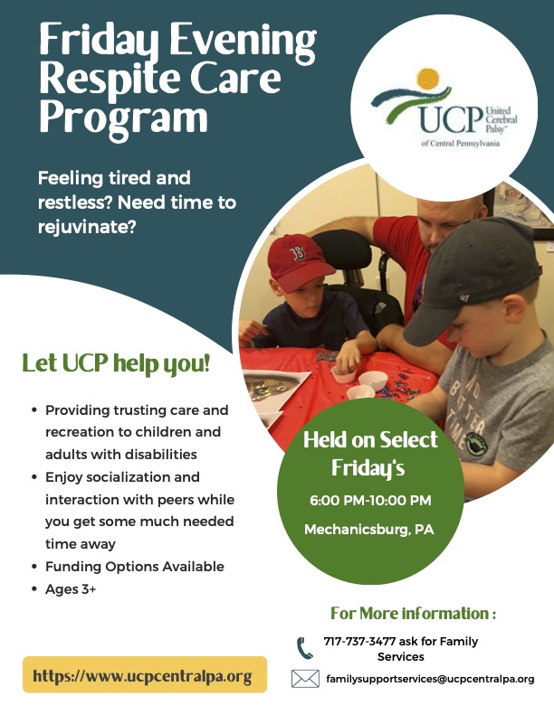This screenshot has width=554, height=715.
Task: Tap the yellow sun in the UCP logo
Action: (x=428, y=80)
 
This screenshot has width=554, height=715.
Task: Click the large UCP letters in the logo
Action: (x=450, y=119)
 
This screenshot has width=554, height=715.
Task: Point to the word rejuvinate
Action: (x=87, y=227)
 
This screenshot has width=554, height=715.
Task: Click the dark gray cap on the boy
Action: (x=472, y=278)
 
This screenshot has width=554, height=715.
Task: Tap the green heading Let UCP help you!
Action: (x=116, y=364)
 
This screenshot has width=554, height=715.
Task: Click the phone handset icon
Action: (x=305, y=648)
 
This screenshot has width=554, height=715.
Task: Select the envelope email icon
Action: (x=305, y=679)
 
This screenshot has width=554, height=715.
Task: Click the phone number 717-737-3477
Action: (x=359, y=641)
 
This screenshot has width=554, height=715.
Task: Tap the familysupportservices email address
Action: (x=430, y=679)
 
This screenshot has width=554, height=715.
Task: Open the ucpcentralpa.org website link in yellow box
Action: (x=142, y=676)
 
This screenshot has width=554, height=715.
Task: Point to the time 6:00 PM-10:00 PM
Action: (x=370, y=500)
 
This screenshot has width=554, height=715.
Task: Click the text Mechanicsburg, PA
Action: (x=369, y=530)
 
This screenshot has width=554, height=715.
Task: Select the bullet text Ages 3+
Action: (x=71, y=589)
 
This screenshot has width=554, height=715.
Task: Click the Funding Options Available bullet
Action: (x=135, y=567)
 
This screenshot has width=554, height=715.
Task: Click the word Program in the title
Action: (x=124, y=118)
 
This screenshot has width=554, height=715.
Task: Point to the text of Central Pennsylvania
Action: (x=460, y=143)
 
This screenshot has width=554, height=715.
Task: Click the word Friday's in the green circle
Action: (x=368, y=467)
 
